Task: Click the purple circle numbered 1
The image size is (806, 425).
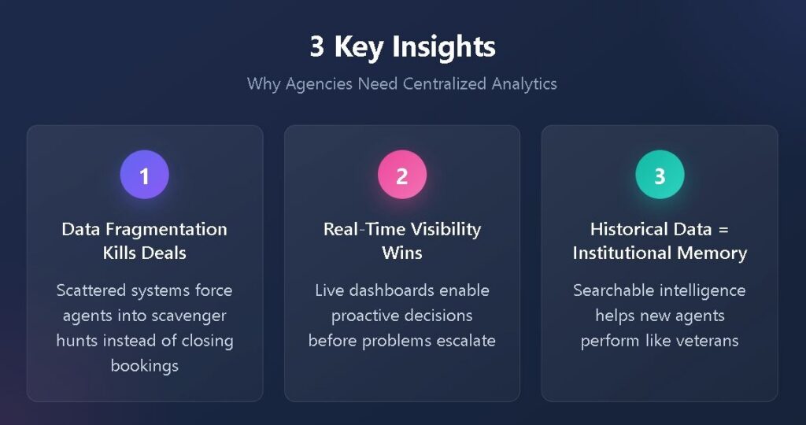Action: tap(145, 175)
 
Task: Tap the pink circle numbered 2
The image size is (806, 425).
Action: tap(402, 175)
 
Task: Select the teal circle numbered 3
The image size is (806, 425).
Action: tap(660, 175)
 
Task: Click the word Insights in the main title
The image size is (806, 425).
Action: tap(444, 47)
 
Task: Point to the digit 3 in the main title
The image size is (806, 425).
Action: tap(316, 46)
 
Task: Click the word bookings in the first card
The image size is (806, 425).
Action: tap(145, 366)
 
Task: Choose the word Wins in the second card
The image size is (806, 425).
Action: tap(402, 253)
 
